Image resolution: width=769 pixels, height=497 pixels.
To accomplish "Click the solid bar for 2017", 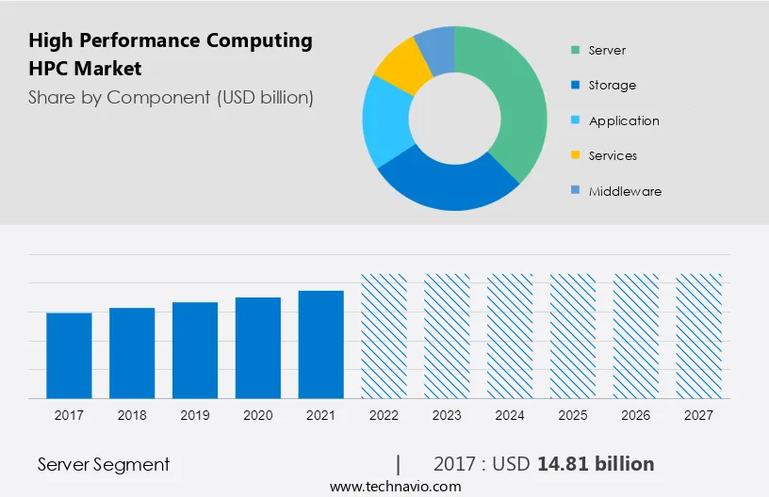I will [x=69, y=355].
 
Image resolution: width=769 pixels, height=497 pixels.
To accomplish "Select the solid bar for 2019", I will [x=195, y=349].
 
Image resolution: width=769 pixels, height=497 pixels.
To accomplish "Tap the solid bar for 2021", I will [x=321, y=344].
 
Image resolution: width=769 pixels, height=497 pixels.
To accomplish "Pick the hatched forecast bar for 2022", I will [x=384, y=336].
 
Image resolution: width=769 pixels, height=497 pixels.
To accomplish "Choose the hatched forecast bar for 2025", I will [x=573, y=336].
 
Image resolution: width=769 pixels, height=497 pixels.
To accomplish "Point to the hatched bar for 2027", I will [x=699, y=336].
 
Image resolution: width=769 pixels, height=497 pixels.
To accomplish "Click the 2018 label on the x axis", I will [x=132, y=415].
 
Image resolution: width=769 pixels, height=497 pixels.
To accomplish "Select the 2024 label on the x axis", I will [x=510, y=415].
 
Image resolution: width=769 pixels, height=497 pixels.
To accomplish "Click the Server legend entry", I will [x=606, y=50].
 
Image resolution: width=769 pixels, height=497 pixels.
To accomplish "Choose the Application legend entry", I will [x=623, y=120].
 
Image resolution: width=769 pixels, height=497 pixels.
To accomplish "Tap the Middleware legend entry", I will [x=624, y=191].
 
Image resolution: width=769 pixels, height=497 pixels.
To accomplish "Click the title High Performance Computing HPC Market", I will [x=170, y=55].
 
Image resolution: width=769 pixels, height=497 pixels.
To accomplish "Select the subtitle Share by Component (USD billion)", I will [x=171, y=97].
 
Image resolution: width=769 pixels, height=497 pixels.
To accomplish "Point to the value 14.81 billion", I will [x=596, y=464].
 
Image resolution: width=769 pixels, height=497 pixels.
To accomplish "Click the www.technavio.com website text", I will [x=396, y=487].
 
